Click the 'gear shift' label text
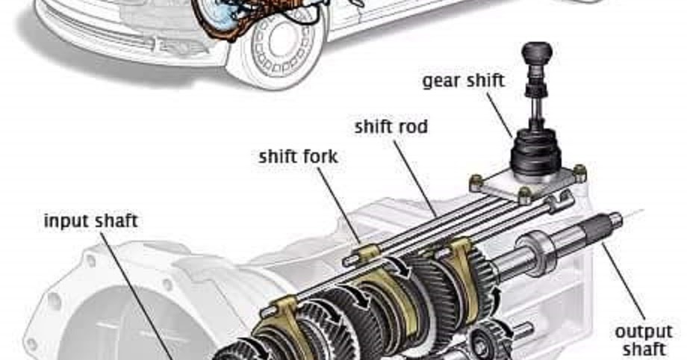coord(463,81)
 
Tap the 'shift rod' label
coord(391,127)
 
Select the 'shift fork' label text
coord(298,158)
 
